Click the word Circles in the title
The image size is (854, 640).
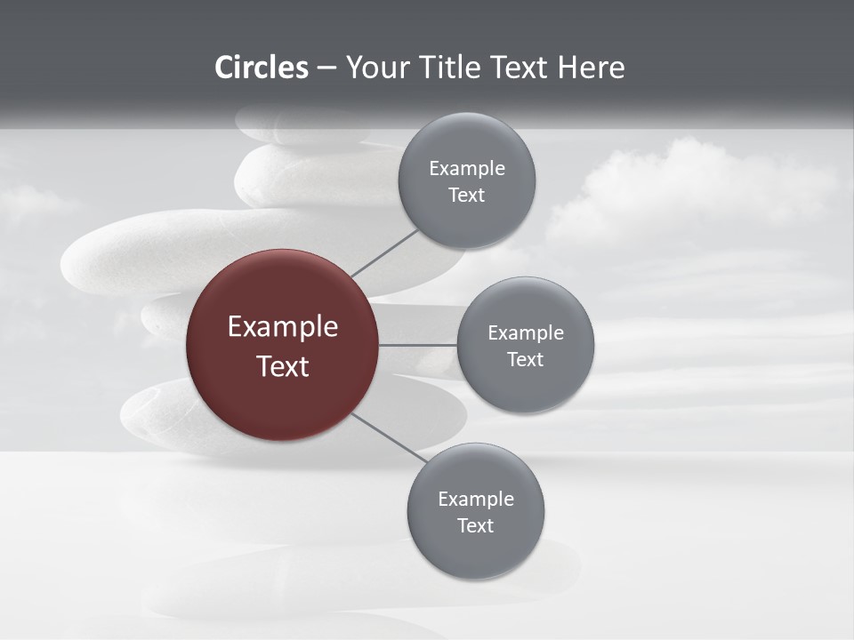click(x=262, y=68)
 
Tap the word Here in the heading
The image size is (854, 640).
click(x=591, y=68)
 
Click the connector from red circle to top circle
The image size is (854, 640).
click(x=384, y=252)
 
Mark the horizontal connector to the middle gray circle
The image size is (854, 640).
click(x=418, y=345)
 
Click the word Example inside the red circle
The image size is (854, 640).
click(x=283, y=327)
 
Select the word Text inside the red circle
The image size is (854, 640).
click(x=283, y=366)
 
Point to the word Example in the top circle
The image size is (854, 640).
click(x=467, y=169)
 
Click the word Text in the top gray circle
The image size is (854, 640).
click(x=467, y=196)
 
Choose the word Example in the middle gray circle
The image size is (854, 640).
click(x=526, y=333)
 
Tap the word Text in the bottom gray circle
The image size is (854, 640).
click(x=476, y=526)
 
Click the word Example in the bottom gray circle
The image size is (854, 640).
click(x=476, y=500)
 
